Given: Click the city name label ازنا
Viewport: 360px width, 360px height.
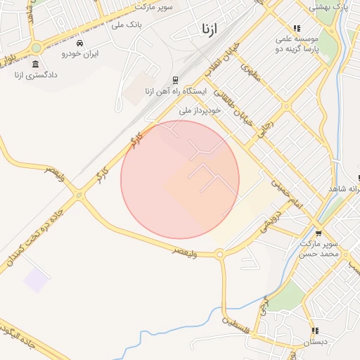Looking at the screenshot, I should [x=210, y=30].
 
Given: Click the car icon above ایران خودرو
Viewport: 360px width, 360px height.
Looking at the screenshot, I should [x=79, y=43].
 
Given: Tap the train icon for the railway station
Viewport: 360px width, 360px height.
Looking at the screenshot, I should [x=174, y=79].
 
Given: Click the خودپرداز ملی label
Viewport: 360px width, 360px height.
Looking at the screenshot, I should [x=200, y=110].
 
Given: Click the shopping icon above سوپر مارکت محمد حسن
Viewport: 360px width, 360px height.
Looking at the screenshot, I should [x=319, y=233].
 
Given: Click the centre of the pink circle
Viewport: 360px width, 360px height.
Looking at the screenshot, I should [x=180, y=179].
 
